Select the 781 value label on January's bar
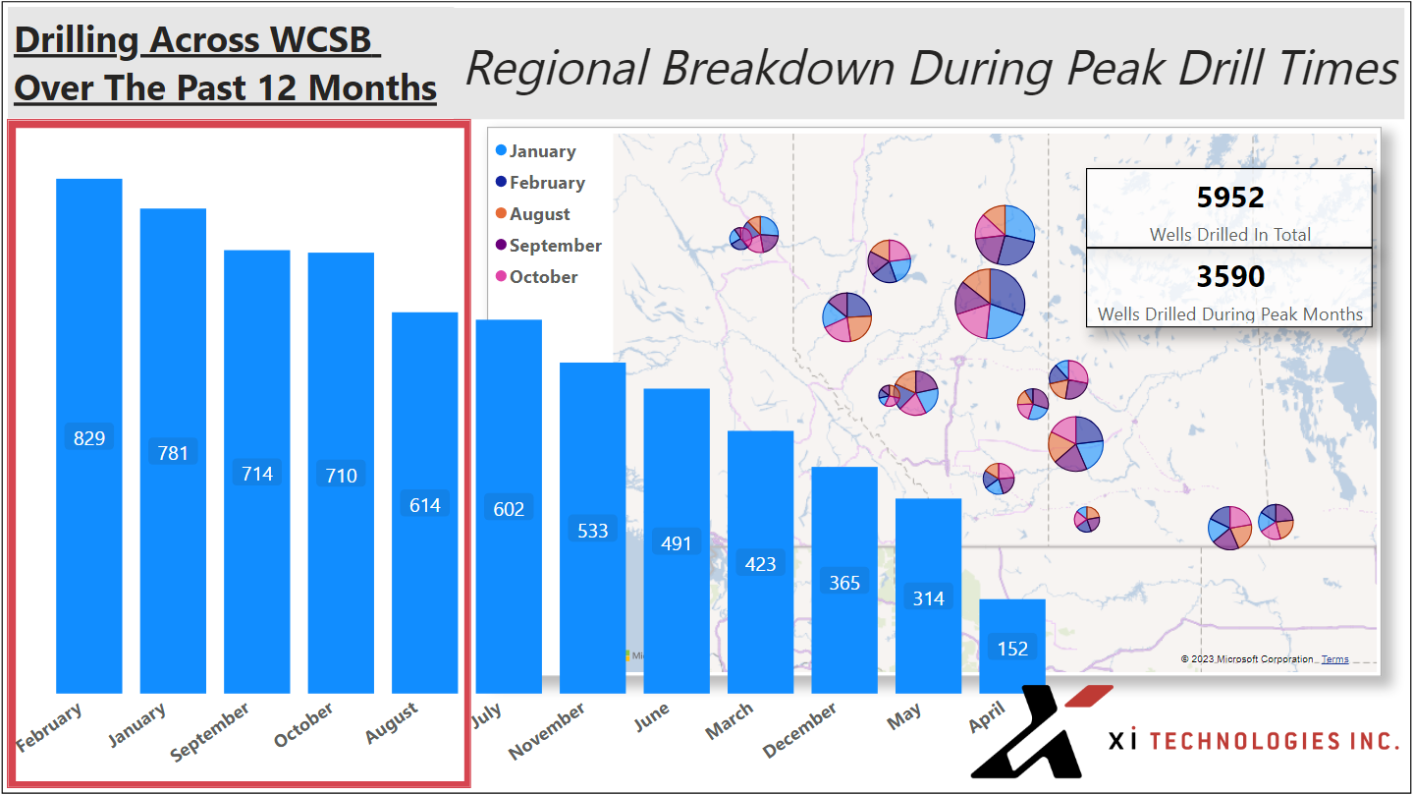[173, 452]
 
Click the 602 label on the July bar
[509, 509]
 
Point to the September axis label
[211, 732]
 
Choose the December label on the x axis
[800, 730]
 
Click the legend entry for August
[539, 214]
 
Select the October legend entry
[543, 277]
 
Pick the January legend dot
[502, 151]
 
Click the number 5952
[1229, 199]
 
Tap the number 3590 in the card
[1229, 277]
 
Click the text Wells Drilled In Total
[1229, 235]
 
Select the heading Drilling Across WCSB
[194, 40]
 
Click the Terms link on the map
[1334, 659]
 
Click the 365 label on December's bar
[844, 583]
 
